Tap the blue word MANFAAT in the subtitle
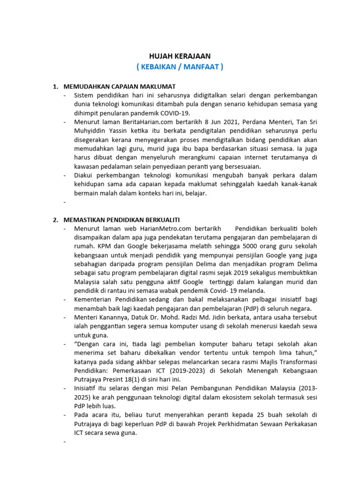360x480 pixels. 203,67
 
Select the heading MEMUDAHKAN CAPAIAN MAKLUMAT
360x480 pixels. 119,87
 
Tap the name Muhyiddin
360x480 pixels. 90,131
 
